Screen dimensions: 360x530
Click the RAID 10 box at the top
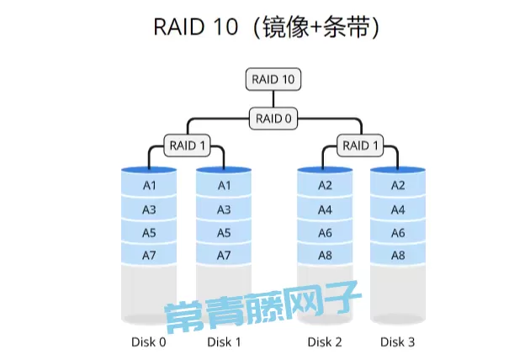pyautogui.click(x=273, y=80)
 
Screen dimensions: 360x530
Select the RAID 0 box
pyautogui.click(x=273, y=119)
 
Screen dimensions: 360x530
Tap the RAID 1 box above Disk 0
pyautogui.click(x=188, y=146)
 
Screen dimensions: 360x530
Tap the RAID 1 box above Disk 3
pyautogui.click(x=361, y=146)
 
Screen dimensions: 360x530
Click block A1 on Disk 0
pyautogui.click(x=150, y=185)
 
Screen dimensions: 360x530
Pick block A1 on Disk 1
pyautogui.click(x=224, y=185)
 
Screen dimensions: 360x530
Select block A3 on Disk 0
pyautogui.click(x=150, y=209)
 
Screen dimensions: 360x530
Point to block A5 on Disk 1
pyautogui.click(x=224, y=232)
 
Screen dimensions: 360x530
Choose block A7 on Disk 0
pyautogui.click(x=150, y=255)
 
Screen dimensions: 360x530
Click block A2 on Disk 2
pyautogui.click(x=326, y=185)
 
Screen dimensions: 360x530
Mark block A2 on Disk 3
pyautogui.click(x=399, y=185)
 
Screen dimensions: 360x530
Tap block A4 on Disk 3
pyautogui.click(x=399, y=209)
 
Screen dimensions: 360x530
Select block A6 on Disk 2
pyautogui.click(x=326, y=232)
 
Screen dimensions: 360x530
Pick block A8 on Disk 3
pyautogui.click(x=399, y=255)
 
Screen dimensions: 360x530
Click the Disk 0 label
pyautogui.click(x=149, y=341)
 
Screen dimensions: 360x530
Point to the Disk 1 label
pyautogui.click(x=224, y=341)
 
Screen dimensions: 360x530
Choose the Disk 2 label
pyautogui.click(x=325, y=341)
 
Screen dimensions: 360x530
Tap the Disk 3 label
pyautogui.click(x=398, y=341)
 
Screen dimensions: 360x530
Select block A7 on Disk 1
pyautogui.click(x=224, y=255)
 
